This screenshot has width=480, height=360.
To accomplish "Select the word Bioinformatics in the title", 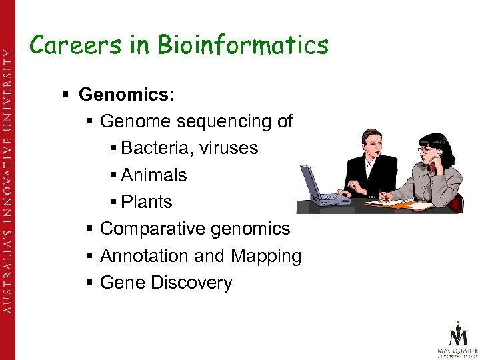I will [x=243, y=45].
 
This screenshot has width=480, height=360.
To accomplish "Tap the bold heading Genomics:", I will [x=127, y=95].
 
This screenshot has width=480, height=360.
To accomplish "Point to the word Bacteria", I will [x=155, y=148].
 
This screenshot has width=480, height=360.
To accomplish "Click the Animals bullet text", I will [x=154, y=175].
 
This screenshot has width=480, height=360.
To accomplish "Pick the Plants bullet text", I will [x=147, y=202].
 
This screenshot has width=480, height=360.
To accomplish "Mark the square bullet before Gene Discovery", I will [x=89, y=283].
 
